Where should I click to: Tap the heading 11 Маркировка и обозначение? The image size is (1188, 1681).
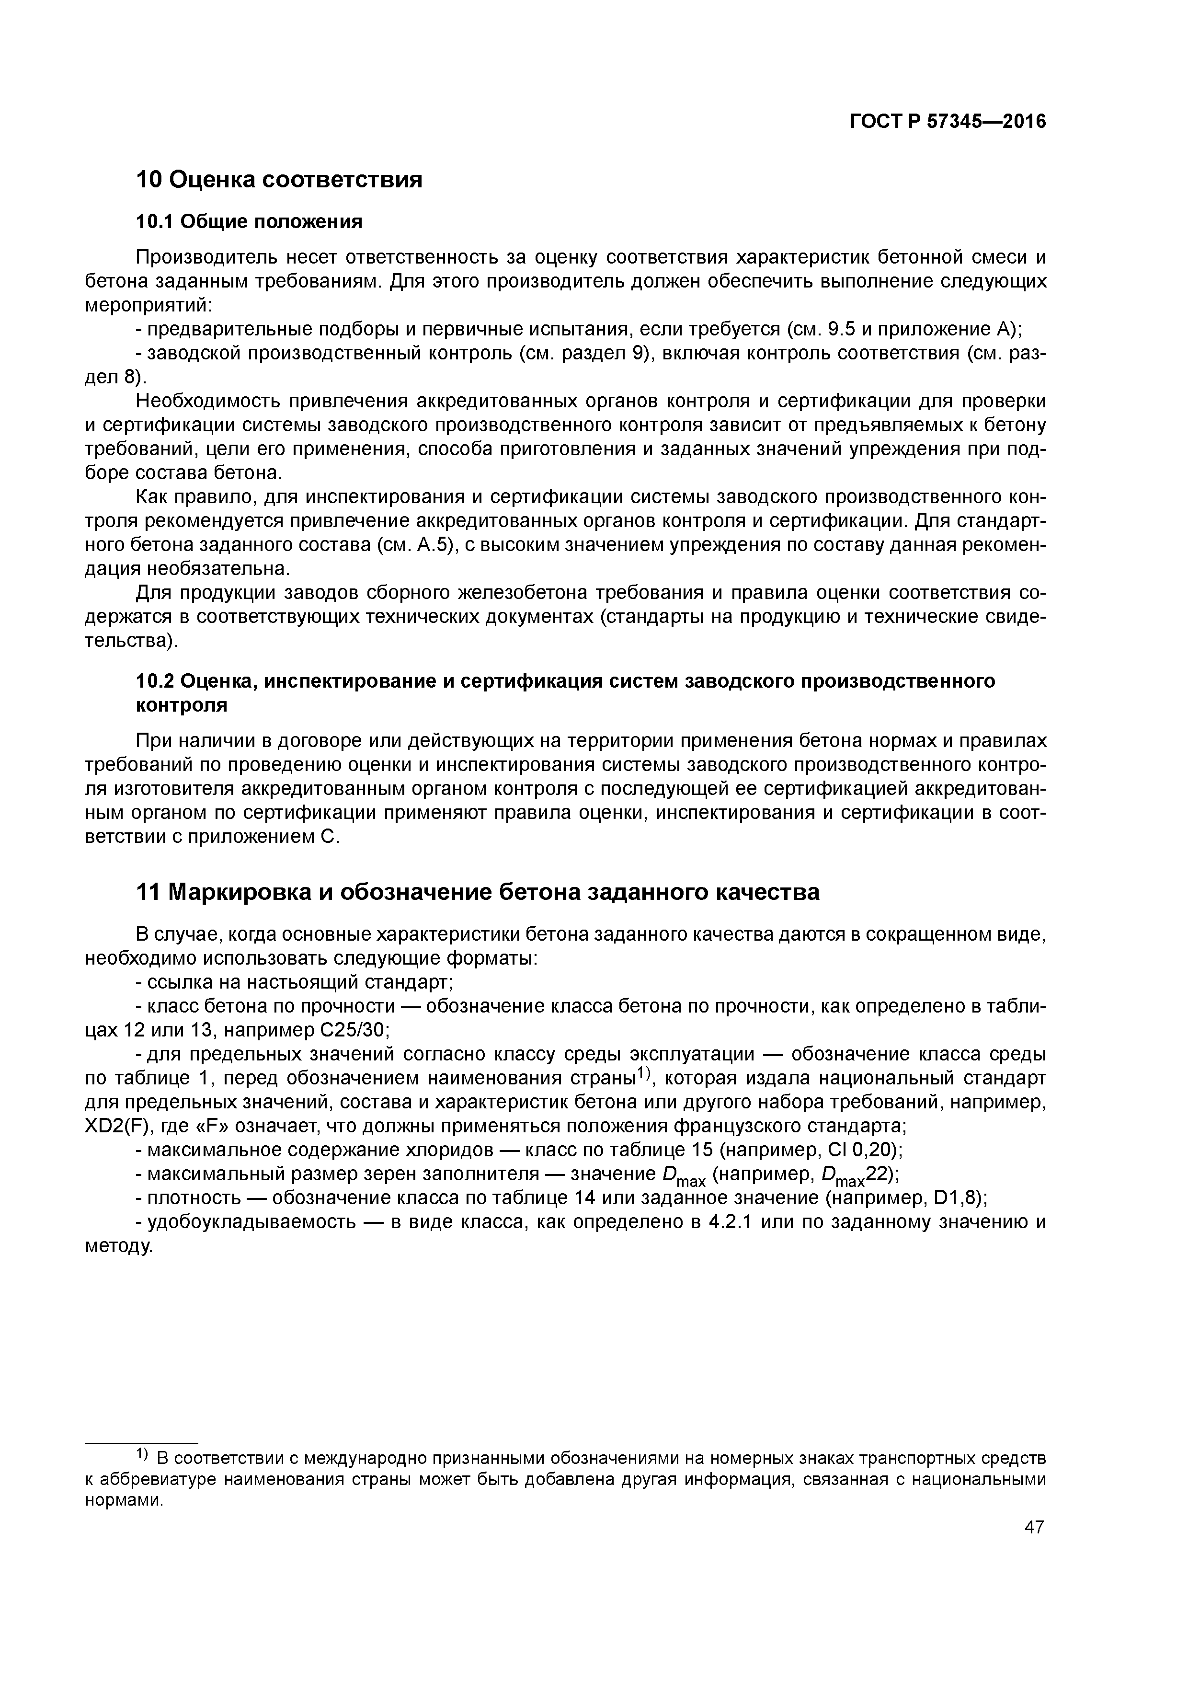click(477, 892)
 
